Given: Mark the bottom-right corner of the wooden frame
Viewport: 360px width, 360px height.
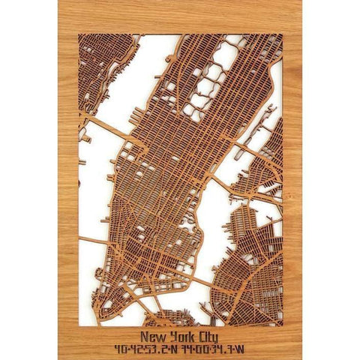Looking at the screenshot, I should click(300, 358).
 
